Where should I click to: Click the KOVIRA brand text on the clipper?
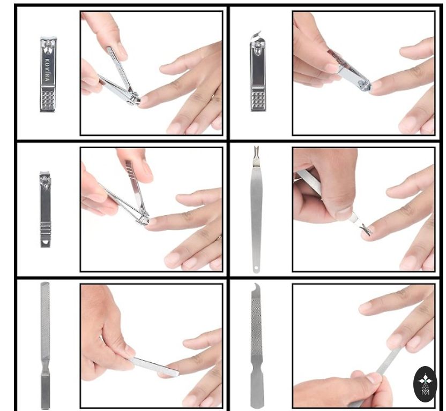pos(48,70)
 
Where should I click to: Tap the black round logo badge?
pos(425,384)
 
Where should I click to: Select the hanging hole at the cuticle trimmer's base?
pos(256,268)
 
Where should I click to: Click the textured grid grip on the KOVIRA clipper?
pos(48,99)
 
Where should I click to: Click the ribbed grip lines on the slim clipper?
pos(46,228)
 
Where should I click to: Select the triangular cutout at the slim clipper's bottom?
pos(45,243)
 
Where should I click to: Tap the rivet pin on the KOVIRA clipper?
pos(48,44)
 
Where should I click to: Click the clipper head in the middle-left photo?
pos(143,218)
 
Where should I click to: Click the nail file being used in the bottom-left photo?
pos(154,367)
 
